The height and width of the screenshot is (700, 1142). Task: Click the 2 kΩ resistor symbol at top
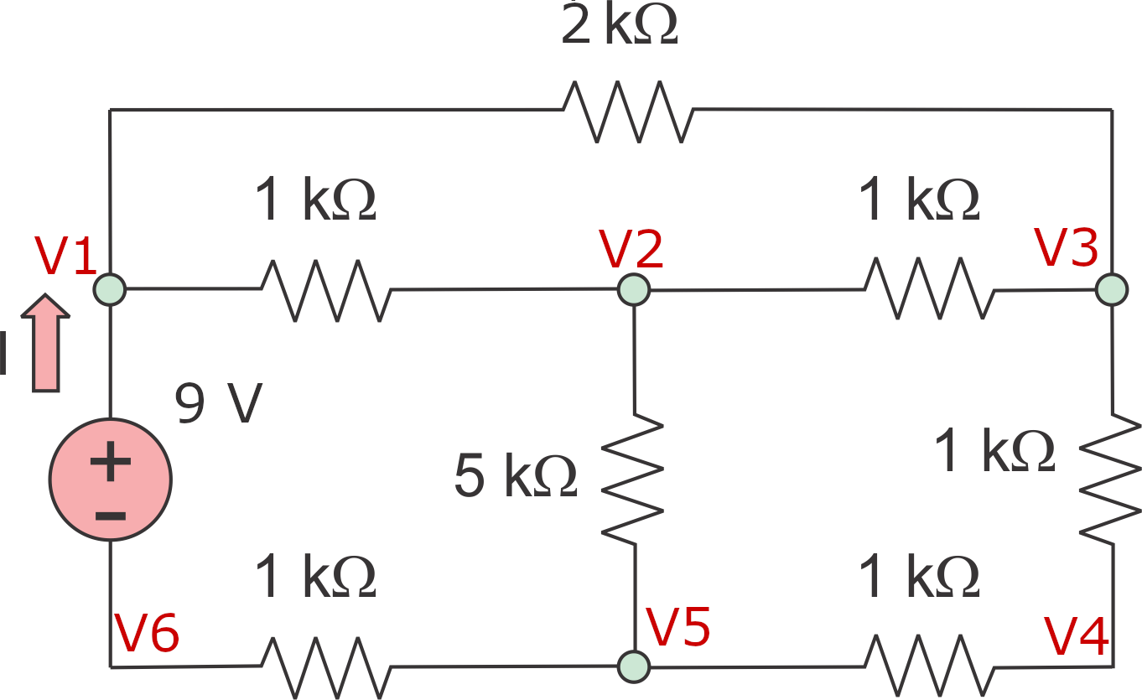628,111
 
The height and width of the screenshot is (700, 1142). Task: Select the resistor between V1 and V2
325,290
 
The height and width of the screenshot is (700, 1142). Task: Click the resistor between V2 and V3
930,289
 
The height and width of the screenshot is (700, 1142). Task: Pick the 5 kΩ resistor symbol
633,478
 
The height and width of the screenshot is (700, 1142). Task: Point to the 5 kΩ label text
515,477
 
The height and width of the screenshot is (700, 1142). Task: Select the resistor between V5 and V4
930,666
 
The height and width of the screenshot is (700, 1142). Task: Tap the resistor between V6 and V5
325,666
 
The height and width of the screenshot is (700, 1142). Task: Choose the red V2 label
631,249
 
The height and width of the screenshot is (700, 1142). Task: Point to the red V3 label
1066,247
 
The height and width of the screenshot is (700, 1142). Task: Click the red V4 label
1077,637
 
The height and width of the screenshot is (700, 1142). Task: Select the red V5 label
678,627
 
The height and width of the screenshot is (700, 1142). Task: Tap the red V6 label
147,635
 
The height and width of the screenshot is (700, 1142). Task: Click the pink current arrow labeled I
46,343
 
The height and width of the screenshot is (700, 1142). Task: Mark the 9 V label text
219,405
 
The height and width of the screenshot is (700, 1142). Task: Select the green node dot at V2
633,290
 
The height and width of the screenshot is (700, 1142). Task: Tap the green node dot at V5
633,666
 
